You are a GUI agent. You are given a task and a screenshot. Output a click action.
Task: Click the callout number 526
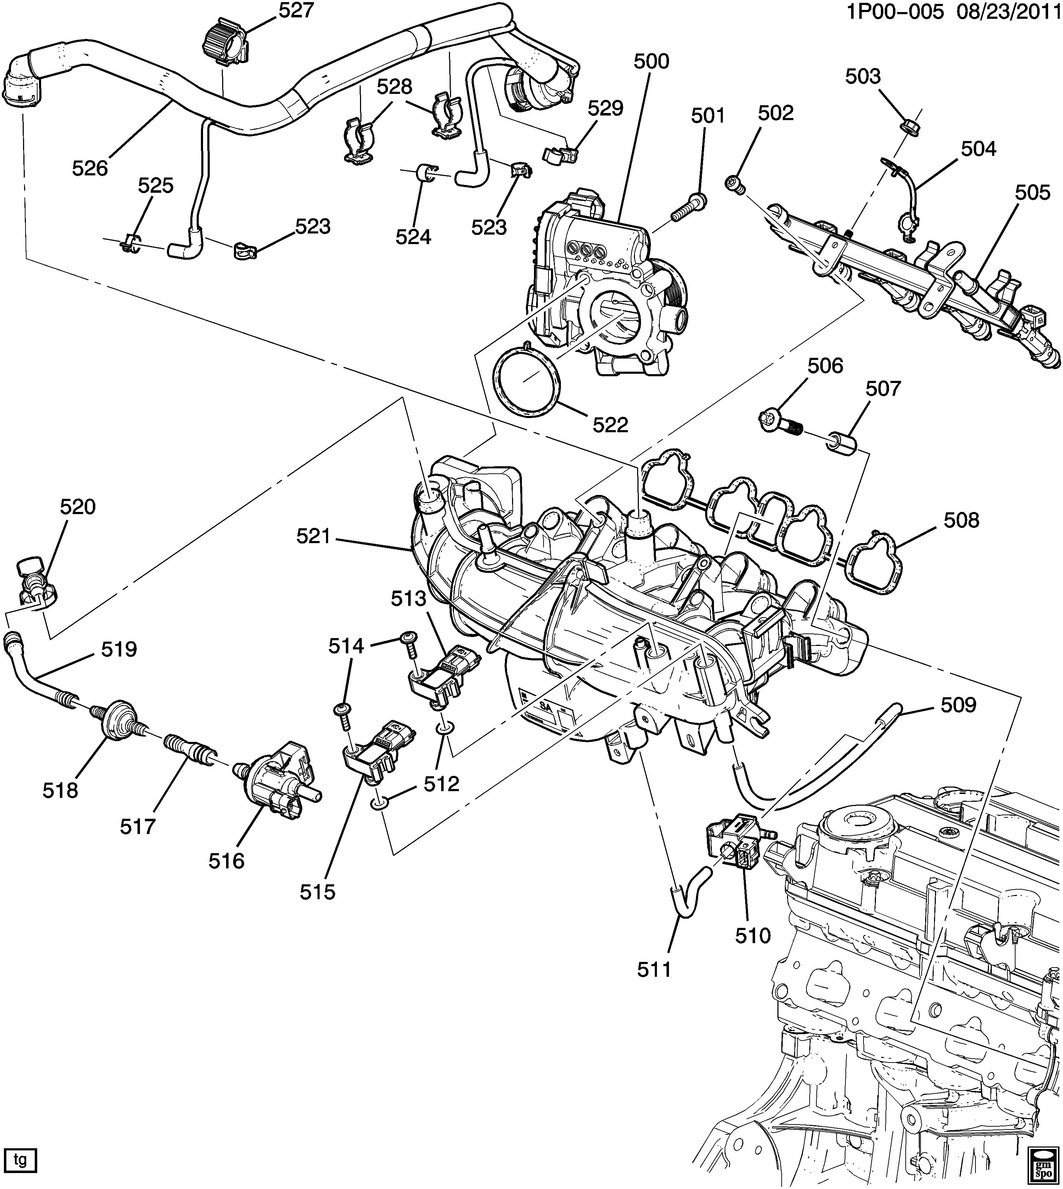click(90, 168)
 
